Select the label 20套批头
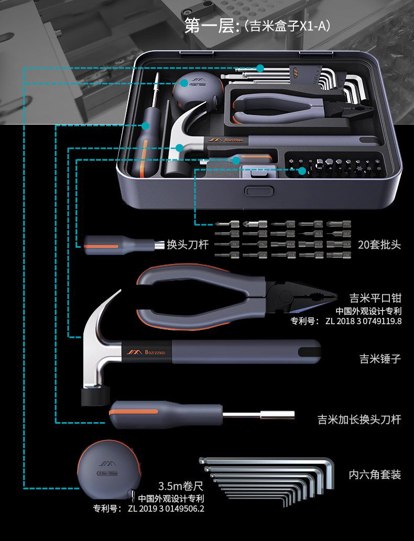[379, 245]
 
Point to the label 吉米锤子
[380, 359]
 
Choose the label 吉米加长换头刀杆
[359, 419]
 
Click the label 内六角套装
[375, 475]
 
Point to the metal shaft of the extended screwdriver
[257, 416]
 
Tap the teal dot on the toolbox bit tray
[302, 170]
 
